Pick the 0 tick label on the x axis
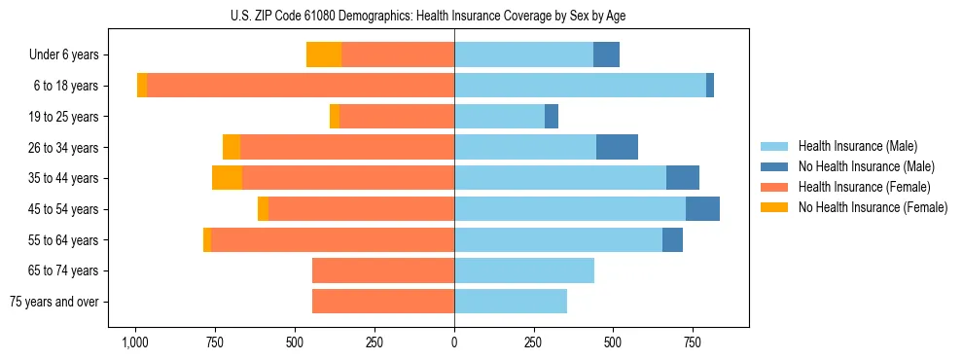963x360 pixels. pyautogui.click(x=454, y=342)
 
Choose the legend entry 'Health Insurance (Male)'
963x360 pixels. pyautogui.click(x=857, y=146)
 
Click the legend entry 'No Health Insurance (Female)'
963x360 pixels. pyautogui.click(x=873, y=207)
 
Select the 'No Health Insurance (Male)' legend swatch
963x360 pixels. pyautogui.click(x=775, y=166)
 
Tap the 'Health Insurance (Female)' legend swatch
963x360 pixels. pyautogui.click(x=775, y=187)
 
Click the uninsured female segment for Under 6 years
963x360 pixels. pyautogui.click(x=324, y=54)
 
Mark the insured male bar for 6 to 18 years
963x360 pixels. pyautogui.click(x=580, y=86)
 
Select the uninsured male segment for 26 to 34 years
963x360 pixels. pyautogui.click(x=617, y=147)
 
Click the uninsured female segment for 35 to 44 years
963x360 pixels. pyautogui.click(x=227, y=178)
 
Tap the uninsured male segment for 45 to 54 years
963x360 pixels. pyautogui.click(x=702, y=208)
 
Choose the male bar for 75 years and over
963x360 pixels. pyautogui.click(x=511, y=302)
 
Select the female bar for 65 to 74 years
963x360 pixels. pyautogui.click(x=383, y=270)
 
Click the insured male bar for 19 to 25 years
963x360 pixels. pyautogui.click(x=499, y=117)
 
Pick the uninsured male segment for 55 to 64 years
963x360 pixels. pyautogui.click(x=672, y=239)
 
